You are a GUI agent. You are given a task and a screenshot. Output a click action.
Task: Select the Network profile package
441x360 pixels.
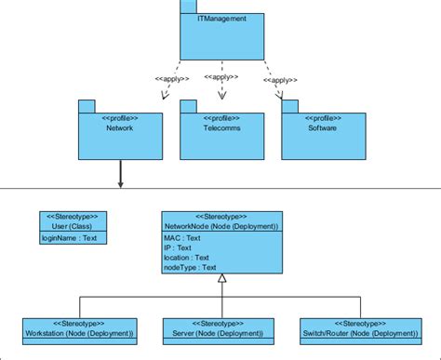tap(120, 135)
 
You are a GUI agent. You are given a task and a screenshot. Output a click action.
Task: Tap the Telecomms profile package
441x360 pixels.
tap(222, 135)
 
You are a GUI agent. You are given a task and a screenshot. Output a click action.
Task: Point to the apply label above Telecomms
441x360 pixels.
tap(223, 78)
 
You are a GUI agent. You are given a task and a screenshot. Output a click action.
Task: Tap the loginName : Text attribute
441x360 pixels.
tap(70, 238)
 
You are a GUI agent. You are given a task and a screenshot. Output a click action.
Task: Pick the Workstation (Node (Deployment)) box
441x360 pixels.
tap(80, 328)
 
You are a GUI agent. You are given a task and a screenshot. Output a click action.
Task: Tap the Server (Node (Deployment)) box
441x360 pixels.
tap(220, 328)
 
